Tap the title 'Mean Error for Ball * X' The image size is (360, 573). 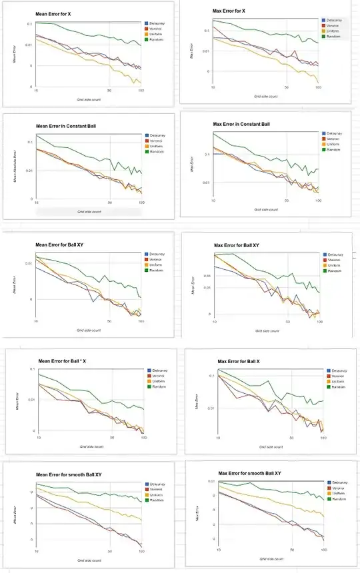[64, 360]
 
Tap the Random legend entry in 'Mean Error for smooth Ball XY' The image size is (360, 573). [157, 500]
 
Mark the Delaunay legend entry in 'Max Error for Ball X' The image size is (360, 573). [338, 370]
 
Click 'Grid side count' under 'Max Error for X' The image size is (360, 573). [265, 97]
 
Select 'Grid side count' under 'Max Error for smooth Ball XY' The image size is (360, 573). [267, 558]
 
